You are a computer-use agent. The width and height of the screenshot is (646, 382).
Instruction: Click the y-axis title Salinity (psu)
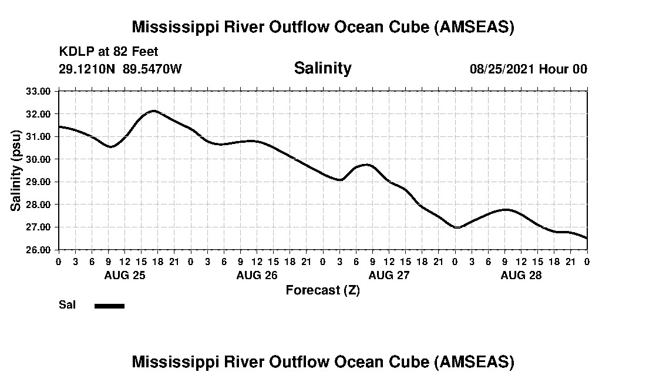(x=16, y=170)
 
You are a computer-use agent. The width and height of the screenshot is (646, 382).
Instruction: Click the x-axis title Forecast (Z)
(x=322, y=290)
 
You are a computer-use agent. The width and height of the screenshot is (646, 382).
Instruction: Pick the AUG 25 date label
(x=125, y=275)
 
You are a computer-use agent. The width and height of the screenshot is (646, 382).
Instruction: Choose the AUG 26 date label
(x=257, y=275)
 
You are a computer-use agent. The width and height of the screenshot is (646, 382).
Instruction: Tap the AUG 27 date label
(x=389, y=275)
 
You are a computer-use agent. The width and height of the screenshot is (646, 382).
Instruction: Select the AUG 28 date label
(x=521, y=275)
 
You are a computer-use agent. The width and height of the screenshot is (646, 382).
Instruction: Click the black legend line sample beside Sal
(x=109, y=306)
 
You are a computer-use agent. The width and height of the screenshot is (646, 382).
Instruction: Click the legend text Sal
(x=66, y=305)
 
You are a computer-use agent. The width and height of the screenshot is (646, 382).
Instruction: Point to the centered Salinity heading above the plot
(x=322, y=68)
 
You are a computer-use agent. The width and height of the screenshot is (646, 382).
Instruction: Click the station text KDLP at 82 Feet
(x=109, y=52)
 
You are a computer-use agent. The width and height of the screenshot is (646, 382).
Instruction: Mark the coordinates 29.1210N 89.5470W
(x=120, y=69)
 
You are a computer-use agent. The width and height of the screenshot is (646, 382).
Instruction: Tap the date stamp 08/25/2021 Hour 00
(x=529, y=69)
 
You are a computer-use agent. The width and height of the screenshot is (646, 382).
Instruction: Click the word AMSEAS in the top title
(x=475, y=27)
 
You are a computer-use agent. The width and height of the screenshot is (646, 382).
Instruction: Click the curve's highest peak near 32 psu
(x=153, y=110)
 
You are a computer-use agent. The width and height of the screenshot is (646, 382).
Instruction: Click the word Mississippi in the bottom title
(x=175, y=362)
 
